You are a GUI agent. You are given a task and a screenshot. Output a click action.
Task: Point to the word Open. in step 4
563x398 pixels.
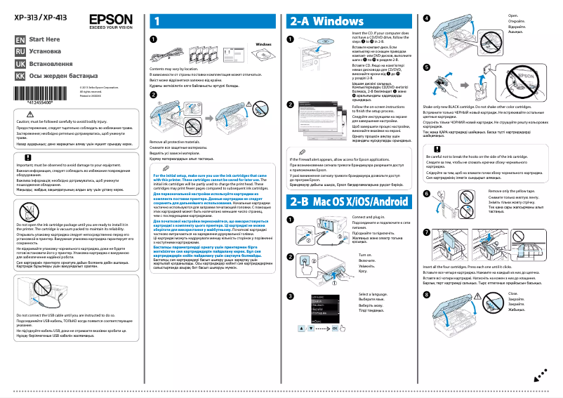512,14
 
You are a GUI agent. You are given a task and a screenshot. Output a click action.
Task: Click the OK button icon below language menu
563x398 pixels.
335,328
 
